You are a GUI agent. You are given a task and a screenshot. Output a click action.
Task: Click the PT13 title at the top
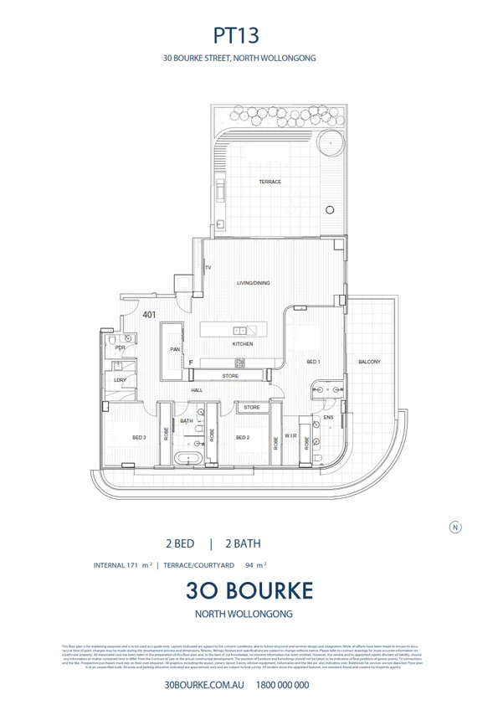[237, 35]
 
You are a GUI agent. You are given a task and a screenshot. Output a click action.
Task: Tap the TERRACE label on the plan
[270, 182]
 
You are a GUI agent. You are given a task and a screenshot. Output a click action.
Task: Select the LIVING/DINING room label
[253, 283]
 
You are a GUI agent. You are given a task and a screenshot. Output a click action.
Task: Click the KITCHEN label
[243, 345]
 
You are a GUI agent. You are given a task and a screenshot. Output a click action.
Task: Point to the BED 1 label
[313, 362]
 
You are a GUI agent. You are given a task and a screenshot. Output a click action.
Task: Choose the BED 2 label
[243, 437]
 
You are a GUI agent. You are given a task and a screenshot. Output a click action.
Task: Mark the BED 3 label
[139, 437]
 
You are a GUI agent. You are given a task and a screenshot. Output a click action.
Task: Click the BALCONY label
[369, 362]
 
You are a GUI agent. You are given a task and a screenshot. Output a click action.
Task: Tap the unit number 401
[149, 316]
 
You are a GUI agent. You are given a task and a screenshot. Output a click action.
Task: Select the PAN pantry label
[175, 349]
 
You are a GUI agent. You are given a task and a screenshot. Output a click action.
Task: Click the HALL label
[197, 390]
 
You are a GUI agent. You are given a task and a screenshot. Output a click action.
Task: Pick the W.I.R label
[290, 435]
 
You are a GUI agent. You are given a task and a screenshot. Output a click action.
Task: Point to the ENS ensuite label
[328, 416]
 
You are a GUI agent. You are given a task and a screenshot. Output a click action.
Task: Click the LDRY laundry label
[120, 380]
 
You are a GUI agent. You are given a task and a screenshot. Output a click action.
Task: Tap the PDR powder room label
[120, 347]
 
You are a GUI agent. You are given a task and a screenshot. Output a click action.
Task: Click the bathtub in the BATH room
[187, 458]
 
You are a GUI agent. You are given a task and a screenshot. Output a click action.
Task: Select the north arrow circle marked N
[455, 527]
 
